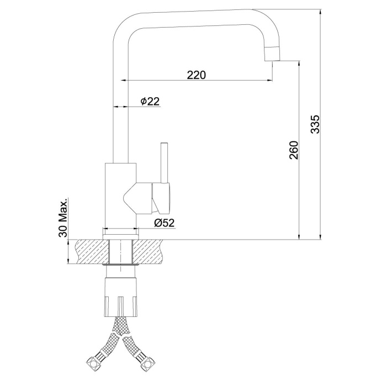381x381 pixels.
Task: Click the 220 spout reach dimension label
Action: [197, 75]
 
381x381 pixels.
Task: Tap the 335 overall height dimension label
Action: [316, 124]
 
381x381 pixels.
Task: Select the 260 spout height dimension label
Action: [294, 150]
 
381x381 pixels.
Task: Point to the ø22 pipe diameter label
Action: [150, 101]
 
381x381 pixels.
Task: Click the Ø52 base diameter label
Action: [165, 223]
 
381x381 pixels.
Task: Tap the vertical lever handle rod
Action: [164, 162]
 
